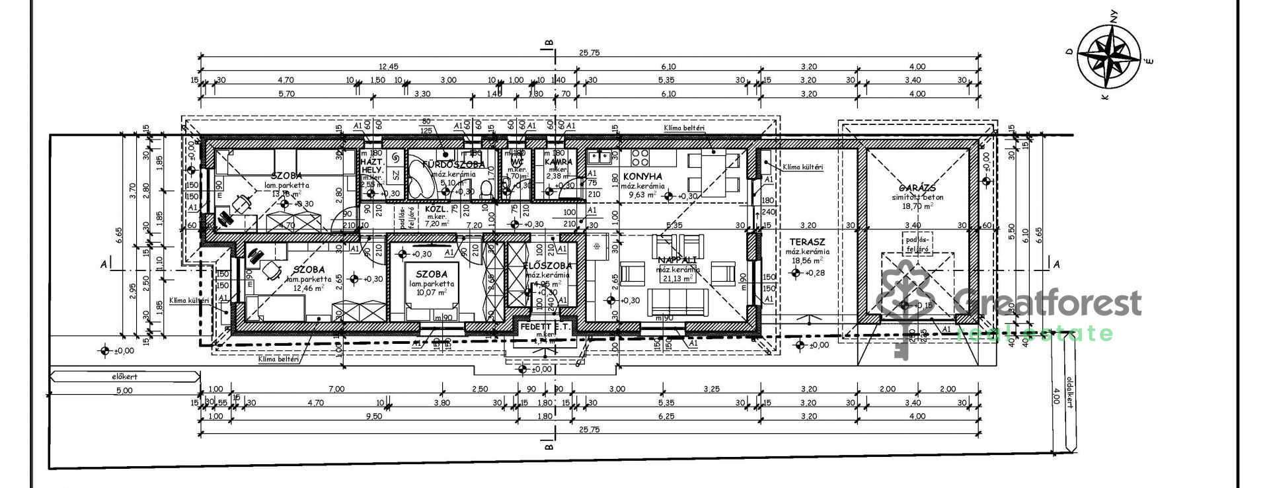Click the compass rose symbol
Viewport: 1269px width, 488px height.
click(x=1108, y=58)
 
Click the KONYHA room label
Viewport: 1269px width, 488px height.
click(x=642, y=177)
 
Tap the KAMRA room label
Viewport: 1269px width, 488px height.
click(x=558, y=161)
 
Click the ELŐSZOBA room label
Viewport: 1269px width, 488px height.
click(x=547, y=266)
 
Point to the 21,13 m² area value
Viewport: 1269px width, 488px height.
click(x=678, y=278)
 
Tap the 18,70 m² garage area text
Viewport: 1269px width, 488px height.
click(x=915, y=206)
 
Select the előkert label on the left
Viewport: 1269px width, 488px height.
click(x=124, y=376)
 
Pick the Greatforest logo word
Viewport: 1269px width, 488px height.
click(x=1048, y=304)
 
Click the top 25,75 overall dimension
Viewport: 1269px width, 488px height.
click(x=589, y=53)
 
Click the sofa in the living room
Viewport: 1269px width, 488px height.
click(x=677, y=303)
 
